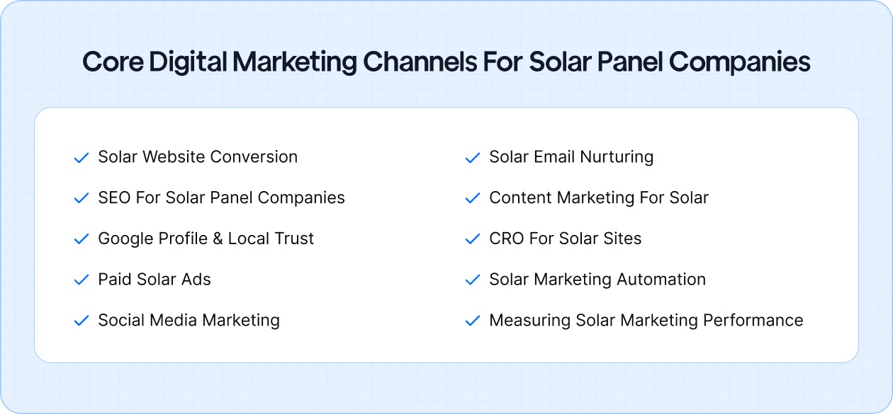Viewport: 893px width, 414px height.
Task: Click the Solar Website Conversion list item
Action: (x=198, y=157)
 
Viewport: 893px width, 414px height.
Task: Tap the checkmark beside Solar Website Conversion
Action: (x=81, y=158)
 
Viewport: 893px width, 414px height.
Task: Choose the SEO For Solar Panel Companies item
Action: (x=221, y=198)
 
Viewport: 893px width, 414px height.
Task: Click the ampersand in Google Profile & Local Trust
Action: (x=215, y=239)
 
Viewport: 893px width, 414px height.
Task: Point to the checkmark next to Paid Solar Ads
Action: (x=81, y=280)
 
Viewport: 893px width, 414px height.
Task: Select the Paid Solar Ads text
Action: (x=155, y=280)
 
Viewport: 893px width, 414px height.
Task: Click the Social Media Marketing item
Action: (x=189, y=321)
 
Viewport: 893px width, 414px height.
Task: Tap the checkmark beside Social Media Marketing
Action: (x=81, y=321)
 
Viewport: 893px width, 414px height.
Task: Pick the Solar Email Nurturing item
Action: (x=571, y=157)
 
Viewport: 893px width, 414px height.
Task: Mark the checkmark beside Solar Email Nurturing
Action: (x=472, y=158)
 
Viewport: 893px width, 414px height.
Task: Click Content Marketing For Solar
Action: (x=599, y=198)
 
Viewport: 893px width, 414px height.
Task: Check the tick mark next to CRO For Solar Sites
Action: (x=472, y=240)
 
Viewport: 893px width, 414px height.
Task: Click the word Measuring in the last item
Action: (x=529, y=321)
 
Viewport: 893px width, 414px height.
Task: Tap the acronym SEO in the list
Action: (x=114, y=198)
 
